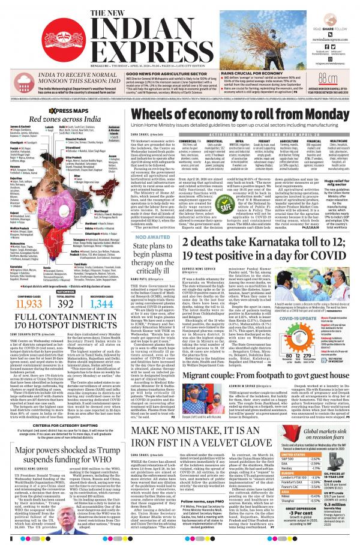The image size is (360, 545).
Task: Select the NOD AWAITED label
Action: (145, 220)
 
